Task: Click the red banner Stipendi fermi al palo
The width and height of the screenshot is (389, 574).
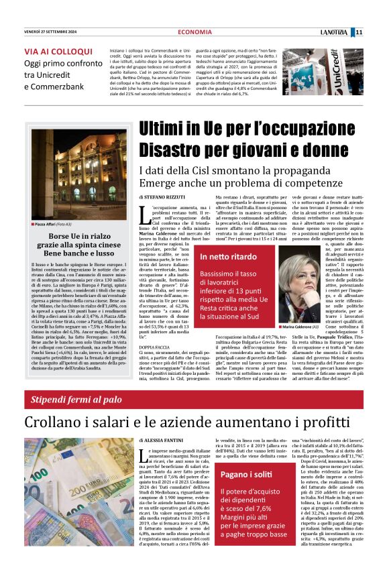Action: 76,400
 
